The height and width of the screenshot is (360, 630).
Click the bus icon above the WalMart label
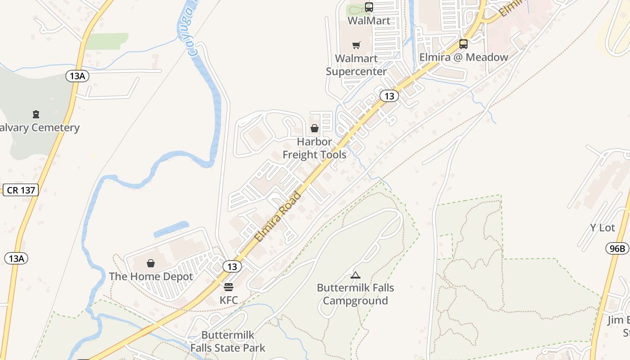369,7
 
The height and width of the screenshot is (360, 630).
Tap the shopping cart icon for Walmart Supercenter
356,45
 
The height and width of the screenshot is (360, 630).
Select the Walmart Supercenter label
356,65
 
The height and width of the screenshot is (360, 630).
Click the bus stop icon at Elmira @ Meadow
463,44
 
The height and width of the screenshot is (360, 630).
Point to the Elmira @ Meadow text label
463,57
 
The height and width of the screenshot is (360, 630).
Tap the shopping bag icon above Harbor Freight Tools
315,129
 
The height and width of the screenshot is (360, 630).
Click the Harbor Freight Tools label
315,148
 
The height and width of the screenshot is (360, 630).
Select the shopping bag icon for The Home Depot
151,263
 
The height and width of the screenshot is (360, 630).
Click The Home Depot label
151,276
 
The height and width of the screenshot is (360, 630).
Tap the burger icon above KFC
229,287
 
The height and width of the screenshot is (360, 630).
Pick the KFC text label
229,300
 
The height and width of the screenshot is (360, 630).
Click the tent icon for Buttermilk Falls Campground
355,275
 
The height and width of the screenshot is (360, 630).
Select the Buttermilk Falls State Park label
228,341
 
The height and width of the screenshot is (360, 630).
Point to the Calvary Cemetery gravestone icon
36,114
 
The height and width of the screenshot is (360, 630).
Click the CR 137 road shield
21,190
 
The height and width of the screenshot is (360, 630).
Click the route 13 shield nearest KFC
232,266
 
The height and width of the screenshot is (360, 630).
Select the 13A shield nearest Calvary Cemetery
77,76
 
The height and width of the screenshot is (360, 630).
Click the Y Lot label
602,228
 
